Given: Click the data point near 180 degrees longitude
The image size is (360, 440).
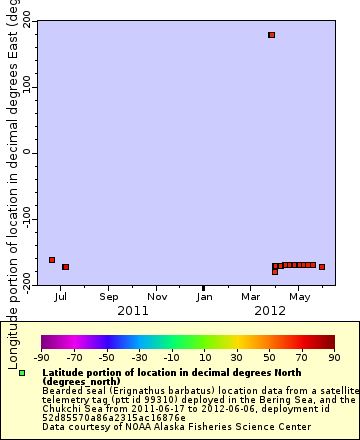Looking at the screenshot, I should (x=271, y=35).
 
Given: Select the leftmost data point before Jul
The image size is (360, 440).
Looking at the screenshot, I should (x=52, y=260).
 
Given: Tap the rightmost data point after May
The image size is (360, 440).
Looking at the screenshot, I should (x=322, y=267).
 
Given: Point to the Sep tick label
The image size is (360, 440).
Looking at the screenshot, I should (x=109, y=297).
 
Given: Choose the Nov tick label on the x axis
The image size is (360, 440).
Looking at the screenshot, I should (x=157, y=297).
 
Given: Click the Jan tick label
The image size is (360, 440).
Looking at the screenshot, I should (x=204, y=297).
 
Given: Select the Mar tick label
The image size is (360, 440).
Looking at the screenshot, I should (x=251, y=297).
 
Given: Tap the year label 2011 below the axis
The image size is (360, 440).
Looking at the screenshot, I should (x=133, y=311).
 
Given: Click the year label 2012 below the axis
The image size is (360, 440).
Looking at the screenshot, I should (x=271, y=311).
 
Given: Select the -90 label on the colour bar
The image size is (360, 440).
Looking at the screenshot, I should (x=42, y=356).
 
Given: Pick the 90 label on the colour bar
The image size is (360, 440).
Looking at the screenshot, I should (x=333, y=356).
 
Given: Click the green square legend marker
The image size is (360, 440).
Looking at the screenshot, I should (x=22, y=373).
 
